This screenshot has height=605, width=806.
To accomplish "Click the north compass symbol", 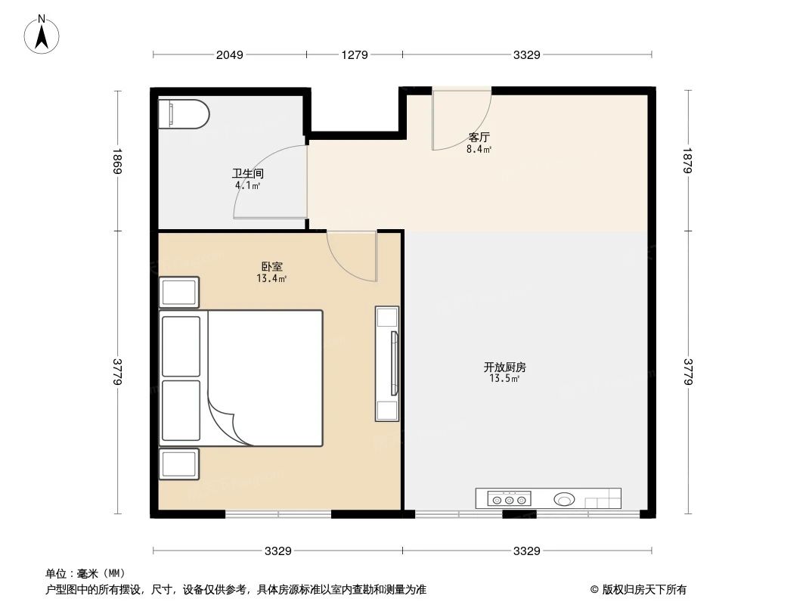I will [x=43, y=34].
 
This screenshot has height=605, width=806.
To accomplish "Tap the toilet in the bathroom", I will [x=183, y=113].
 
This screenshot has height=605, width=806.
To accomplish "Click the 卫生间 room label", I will [x=247, y=173].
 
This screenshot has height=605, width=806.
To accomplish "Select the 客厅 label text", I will [x=479, y=138].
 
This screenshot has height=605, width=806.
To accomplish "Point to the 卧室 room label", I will [x=271, y=267].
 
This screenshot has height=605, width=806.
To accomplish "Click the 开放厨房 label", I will [x=504, y=367].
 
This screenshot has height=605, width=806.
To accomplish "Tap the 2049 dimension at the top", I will [x=229, y=54].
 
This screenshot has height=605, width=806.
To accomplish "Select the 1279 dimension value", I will [x=354, y=54].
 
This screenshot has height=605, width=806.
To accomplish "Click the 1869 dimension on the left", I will [x=118, y=161].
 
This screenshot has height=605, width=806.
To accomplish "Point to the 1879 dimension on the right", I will [x=688, y=161].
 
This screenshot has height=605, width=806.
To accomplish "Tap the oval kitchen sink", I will [x=564, y=499].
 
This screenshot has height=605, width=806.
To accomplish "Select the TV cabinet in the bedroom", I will [x=387, y=363].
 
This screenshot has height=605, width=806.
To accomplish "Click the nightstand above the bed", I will [x=179, y=292].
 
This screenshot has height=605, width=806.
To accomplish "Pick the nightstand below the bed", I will [x=179, y=464].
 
